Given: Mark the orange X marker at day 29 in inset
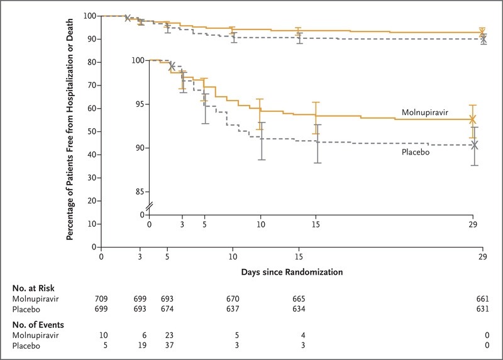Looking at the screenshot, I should point(473,119).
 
